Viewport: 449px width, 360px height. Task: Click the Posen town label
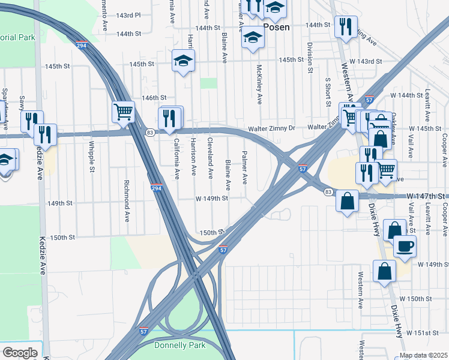click(x=276, y=27)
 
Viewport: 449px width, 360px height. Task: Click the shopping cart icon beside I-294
click(x=123, y=111)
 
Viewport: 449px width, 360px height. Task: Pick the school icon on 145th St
click(x=183, y=61)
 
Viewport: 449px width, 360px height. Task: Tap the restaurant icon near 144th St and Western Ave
click(x=345, y=26)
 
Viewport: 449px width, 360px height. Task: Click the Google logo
click(x=20, y=353)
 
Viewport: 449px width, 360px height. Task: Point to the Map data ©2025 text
click(x=423, y=355)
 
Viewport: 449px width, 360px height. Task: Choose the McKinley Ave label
click(x=259, y=84)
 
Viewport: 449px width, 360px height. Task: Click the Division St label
click(x=310, y=58)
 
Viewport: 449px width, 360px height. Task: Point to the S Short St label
click(x=328, y=91)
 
